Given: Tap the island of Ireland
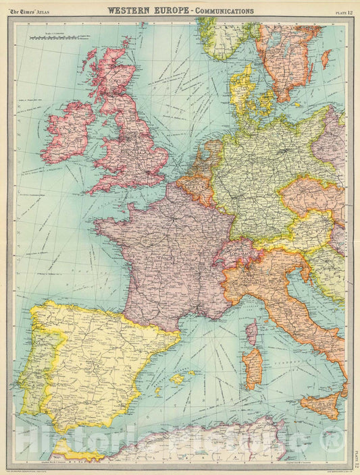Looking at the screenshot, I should pyautogui.click(x=68, y=132).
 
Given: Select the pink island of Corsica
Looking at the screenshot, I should pyautogui.click(x=251, y=333).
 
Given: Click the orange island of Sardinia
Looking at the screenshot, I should pyautogui.click(x=253, y=368).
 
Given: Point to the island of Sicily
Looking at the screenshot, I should pyautogui.click(x=320, y=405).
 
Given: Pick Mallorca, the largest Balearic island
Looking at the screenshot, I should pyautogui.click(x=177, y=379).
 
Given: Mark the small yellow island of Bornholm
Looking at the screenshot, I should pyautogui.click(x=297, y=105).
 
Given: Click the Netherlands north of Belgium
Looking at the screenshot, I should pyautogui.click(x=207, y=162).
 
